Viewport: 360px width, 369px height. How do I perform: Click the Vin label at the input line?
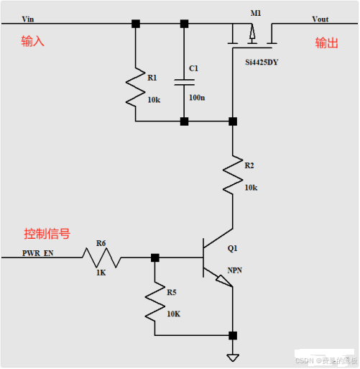coord(28,18)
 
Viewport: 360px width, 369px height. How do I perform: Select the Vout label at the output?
coord(320,18)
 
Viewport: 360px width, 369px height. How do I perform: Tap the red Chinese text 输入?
coord(32,42)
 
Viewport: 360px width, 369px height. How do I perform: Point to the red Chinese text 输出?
coord(326,43)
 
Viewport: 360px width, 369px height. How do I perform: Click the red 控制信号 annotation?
coord(47,234)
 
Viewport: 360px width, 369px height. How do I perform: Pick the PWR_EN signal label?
coord(37,253)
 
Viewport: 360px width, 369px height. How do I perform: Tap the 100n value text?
coord(197,96)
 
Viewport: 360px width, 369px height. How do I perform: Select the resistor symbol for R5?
coord(154,301)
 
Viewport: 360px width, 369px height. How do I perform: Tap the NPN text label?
coord(234,270)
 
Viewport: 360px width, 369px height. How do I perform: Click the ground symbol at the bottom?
coord(233,356)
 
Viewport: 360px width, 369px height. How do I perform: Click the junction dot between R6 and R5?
coord(154,258)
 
